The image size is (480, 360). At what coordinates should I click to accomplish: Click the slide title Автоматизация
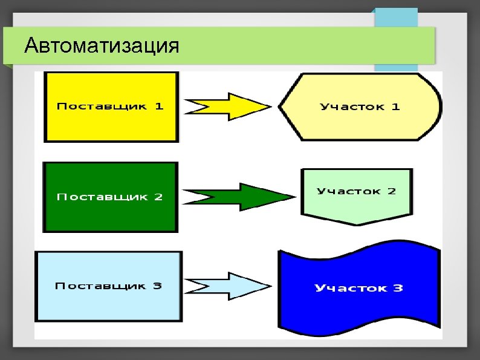tap(102, 46)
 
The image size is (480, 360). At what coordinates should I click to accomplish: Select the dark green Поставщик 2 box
tap(110, 215)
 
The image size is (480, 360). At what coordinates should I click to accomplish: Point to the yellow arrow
tap(230, 106)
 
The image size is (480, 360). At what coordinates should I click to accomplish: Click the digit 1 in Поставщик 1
tap(159, 106)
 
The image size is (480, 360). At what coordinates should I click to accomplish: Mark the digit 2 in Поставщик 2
tap(158, 197)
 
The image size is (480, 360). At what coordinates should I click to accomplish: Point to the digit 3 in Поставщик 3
tap(157, 286)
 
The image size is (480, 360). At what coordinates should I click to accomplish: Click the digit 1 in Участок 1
tap(396, 107)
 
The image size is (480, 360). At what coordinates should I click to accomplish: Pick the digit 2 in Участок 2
tap(392, 191)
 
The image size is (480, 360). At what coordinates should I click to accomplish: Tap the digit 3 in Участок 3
tap(398, 288)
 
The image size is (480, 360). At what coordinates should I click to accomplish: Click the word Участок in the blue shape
tap(351, 288)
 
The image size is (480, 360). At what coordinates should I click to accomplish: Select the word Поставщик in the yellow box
tap(102, 106)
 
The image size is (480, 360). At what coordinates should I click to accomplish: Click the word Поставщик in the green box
tap(102, 197)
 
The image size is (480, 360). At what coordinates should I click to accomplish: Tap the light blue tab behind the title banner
tap(396, 17)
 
